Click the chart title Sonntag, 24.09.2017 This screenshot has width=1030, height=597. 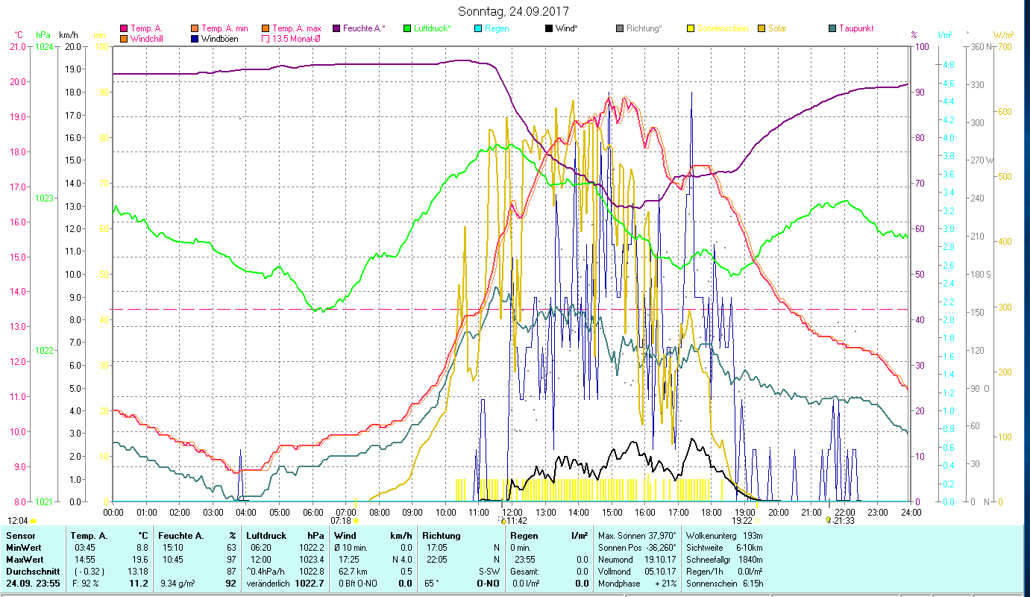[x=514, y=12]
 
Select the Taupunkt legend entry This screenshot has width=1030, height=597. [x=855, y=28]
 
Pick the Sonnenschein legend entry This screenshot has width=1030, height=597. [x=722, y=28]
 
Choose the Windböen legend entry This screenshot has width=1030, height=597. [x=219, y=39]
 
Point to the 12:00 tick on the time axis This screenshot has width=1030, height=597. [x=512, y=513]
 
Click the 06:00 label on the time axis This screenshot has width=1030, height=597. [x=313, y=513]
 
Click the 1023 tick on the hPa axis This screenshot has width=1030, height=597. [x=44, y=199]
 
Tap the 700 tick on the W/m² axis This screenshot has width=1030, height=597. [x=1002, y=47]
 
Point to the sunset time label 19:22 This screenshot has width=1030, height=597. [x=741, y=521]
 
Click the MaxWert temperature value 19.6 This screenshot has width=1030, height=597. [x=141, y=559]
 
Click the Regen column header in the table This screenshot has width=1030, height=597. [x=521, y=535]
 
